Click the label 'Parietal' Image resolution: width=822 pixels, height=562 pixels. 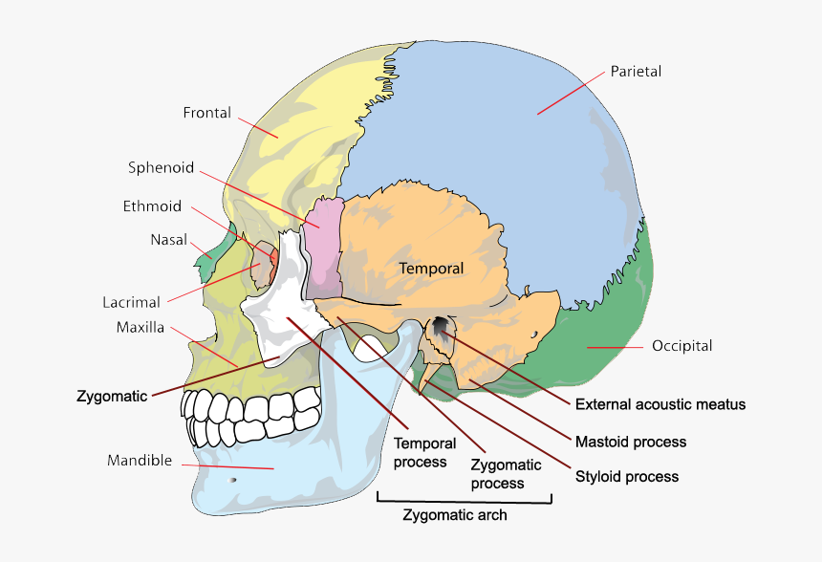click(x=636, y=72)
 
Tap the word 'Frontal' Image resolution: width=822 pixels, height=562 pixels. click(x=207, y=113)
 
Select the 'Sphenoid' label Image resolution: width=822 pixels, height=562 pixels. click(x=161, y=168)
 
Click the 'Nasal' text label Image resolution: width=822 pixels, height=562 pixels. click(x=168, y=240)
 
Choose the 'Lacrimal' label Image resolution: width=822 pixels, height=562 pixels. click(x=131, y=303)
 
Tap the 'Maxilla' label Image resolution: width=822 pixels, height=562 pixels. click(x=141, y=328)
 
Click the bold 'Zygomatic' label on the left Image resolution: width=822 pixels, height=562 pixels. click(x=112, y=396)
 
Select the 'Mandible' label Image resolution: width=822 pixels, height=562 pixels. click(x=140, y=461)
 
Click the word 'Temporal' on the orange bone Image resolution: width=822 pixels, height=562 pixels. click(x=432, y=269)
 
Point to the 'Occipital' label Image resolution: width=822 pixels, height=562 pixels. click(x=681, y=346)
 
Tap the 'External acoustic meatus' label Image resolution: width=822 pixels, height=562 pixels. click(x=660, y=404)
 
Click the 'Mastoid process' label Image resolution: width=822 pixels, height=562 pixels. click(x=631, y=442)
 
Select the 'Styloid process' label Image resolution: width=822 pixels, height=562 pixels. click(x=627, y=476)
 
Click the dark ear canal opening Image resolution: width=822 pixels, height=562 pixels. click(x=441, y=328)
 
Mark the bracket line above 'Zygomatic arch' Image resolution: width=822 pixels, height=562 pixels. click(x=465, y=501)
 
